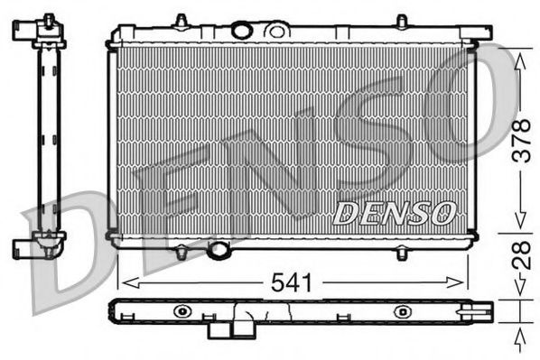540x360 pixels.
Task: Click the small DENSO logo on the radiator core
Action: (x=393, y=213)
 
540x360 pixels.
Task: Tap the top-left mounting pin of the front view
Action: (x=181, y=20)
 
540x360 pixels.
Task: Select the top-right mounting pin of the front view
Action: (x=401, y=20)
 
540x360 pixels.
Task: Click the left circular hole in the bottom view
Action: (x=184, y=311)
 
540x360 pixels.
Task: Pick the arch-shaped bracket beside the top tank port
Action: (x=272, y=29)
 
